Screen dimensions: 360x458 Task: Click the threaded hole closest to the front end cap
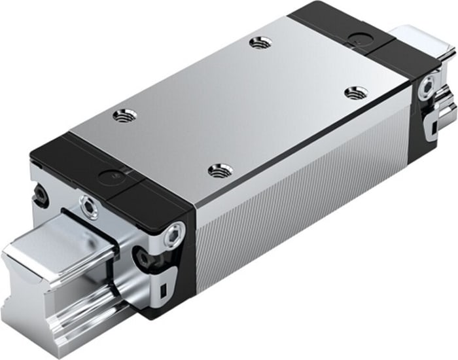tap(124, 117)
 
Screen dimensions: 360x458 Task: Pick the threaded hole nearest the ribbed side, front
tap(220, 171)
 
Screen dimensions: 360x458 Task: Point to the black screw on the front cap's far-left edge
tap(41, 193)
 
